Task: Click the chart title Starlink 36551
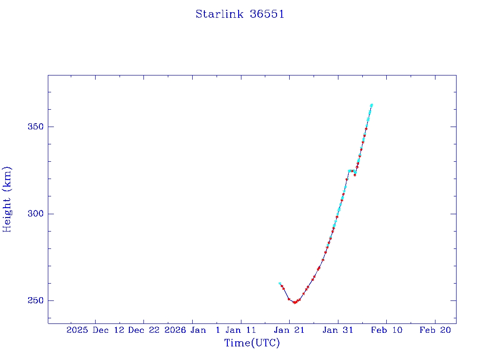pyautogui.click(x=240, y=14)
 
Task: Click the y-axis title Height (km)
pyautogui.click(x=7, y=199)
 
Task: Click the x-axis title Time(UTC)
pyautogui.click(x=252, y=343)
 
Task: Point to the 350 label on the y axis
pyautogui.click(x=35, y=127)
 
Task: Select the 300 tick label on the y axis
pyautogui.click(x=35, y=214)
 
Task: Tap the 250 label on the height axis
pyautogui.click(x=35, y=300)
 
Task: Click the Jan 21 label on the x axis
pyautogui.click(x=289, y=330)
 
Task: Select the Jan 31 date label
pyautogui.click(x=337, y=330)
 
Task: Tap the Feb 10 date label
pyautogui.click(x=386, y=330)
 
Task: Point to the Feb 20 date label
pyautogui.click(x=435, y=330)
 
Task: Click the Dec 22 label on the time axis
pyautogui.click(x=143, y=330)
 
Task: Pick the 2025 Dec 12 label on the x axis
pyautogui.click(x=95, y=330)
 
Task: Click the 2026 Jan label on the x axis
pyautogui.click(x=186, y=330)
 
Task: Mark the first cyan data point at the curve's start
pyautogui.click(x=280, y=284)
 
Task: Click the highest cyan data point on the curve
pyautogui.click(x=371, y=105)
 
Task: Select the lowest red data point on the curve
pyautogui.click(x=294, y=302)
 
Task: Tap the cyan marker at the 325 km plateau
pyautogui.click(x=350, y=171)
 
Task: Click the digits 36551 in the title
pyautogui.click(x=267, y=14)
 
